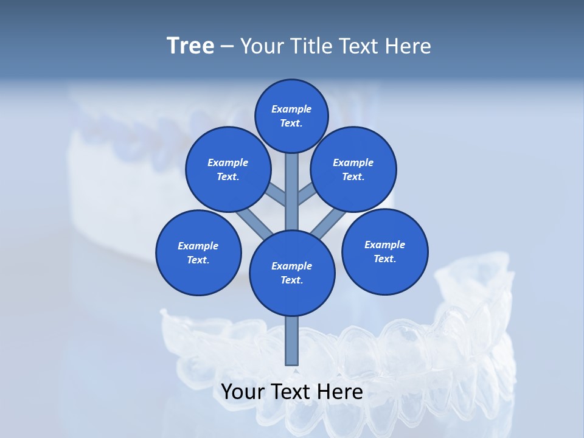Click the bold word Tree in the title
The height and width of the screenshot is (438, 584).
190,46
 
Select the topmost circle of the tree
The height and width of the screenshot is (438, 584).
291,116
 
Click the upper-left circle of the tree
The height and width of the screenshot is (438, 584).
228,169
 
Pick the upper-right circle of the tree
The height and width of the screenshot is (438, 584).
353,169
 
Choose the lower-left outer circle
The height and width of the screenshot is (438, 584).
198,252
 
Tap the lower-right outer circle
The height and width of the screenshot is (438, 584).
385,251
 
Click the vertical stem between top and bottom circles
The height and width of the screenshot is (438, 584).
292,192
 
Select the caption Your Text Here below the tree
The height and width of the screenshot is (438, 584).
292,392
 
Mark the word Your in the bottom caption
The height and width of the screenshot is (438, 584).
243,392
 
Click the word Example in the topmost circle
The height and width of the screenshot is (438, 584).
291,109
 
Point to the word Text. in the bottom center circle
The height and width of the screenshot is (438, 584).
292,280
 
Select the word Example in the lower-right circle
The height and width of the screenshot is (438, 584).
384,245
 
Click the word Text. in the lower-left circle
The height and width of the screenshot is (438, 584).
198,260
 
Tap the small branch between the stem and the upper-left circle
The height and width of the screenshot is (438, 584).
277,195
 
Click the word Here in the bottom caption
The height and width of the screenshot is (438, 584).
341,392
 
